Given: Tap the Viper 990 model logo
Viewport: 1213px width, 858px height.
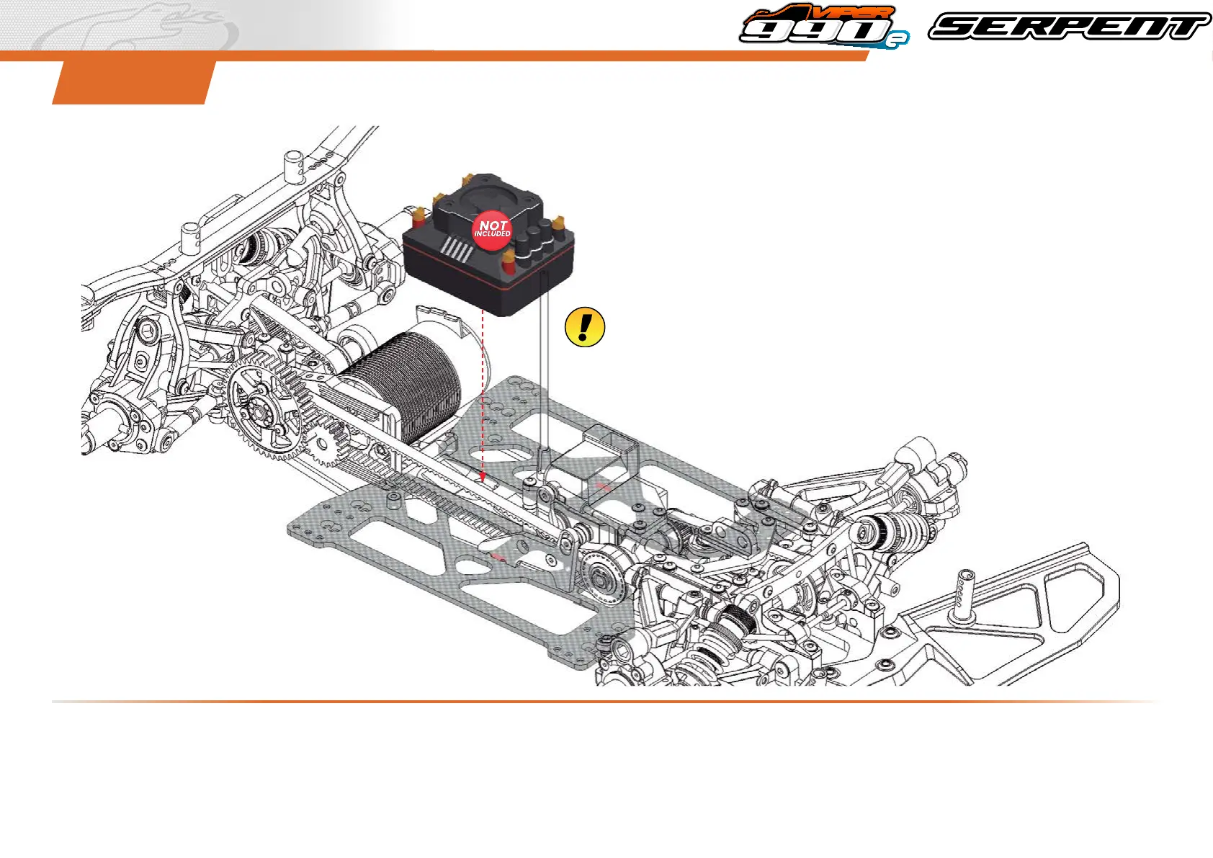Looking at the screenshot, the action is (824, 26).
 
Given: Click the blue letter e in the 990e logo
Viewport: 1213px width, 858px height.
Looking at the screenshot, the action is (898, 40).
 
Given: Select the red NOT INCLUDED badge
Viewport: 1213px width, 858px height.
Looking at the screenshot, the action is (492, 231).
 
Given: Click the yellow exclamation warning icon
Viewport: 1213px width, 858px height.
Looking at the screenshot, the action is (584, 327).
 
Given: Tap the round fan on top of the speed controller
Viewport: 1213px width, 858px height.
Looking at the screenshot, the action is (488, 197).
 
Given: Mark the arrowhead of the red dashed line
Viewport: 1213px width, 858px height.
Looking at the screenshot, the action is (483, 477).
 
